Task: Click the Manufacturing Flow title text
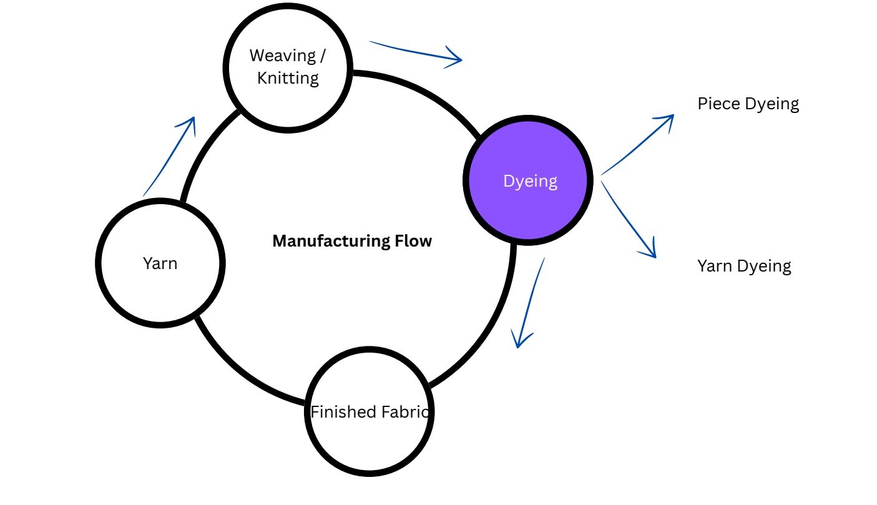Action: (x=352, y=241)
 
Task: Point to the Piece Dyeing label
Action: (x=748, y=104)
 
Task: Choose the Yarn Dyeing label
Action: (x=744, y=266)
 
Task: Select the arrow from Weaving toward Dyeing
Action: (x=416, y=52)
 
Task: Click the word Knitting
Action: (x=288, y=79)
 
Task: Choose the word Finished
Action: (x=343, y=412)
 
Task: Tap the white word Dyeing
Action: (x=530, y=181)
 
